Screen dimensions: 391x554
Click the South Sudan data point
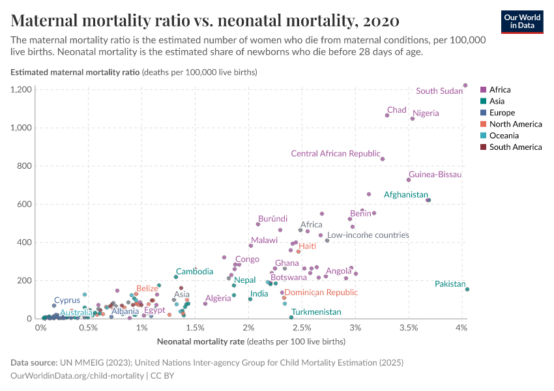coord(465,85)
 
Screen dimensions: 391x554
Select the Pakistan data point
coord(467,289)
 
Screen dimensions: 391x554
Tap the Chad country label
coord(396,110)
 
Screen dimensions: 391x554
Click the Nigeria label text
coord(426,113)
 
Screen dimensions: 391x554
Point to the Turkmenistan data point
coord(291,317)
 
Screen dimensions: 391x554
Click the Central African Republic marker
coord(383,159)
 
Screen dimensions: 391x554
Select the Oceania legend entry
coord(504,136)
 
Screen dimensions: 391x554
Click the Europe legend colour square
coord(483,113)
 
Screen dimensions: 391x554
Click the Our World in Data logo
coord(521,21)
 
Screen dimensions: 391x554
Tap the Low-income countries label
coord(368,235)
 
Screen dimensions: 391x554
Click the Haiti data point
coord(299,251)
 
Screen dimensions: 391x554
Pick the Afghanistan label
coord(405,194)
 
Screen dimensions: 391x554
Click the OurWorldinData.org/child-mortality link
coord(78,375)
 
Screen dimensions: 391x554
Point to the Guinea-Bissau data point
coord(409,180)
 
